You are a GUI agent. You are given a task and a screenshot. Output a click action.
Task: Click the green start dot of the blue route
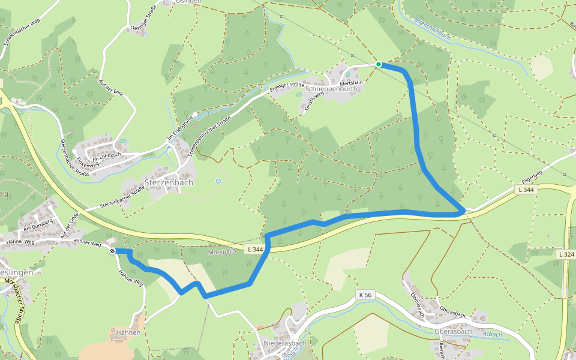[379, 64]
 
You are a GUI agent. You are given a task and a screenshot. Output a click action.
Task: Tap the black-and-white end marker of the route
[113, 251]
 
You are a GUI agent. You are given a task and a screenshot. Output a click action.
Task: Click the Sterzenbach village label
[169, 182]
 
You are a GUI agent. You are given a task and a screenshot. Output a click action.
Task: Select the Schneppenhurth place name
[331, 89]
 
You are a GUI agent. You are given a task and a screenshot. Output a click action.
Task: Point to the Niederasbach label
[284, 343]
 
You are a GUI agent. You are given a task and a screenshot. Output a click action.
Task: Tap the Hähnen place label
[128, 332]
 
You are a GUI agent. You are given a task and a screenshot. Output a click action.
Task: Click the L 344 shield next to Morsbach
[253, 248]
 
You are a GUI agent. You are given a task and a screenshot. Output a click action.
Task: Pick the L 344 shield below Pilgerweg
[524, 190]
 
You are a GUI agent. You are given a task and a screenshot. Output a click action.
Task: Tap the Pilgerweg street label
[532, 176]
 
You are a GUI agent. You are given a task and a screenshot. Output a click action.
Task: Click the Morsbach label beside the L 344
[220, 251]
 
